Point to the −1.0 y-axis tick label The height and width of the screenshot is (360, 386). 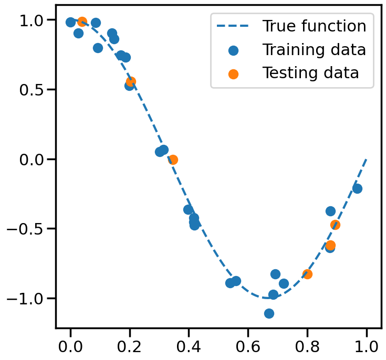pos(28,298)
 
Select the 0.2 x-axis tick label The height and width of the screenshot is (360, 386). pos(130,346)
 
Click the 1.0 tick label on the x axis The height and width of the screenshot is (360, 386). pos(366,346)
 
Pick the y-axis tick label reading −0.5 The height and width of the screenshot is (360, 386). pos(28,228)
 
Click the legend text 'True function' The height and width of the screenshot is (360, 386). pos(314,26)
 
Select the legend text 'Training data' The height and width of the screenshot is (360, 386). pos(314,50)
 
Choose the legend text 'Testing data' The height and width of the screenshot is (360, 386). pos(310,73)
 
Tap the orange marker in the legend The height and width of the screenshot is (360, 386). pos(233,74)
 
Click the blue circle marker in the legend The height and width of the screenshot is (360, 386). pos(233,51)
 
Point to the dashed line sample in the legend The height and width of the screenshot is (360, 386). pos(233,27)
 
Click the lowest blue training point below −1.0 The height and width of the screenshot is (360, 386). pos(269,313)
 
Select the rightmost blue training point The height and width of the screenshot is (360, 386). pos(357,188)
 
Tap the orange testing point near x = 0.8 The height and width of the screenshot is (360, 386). pos(307,274)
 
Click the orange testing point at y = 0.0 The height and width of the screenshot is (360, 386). pos(173,160)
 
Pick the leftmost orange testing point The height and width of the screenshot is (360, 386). pos(82,22)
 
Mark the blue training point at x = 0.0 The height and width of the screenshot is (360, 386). pos(70,22)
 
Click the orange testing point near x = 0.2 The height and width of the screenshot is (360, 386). pos(131,81)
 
